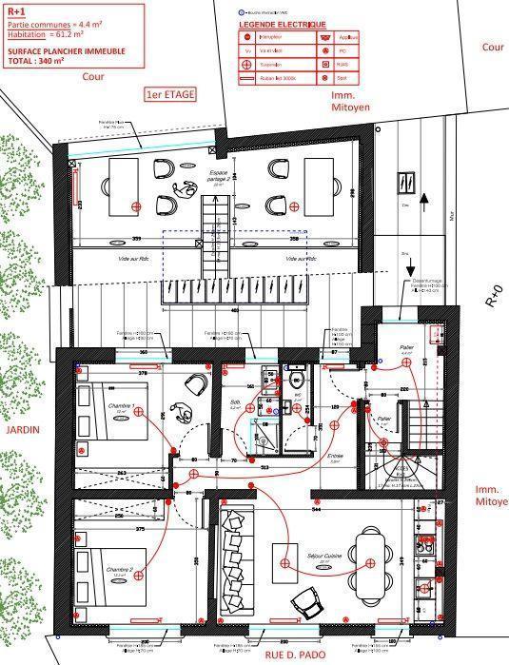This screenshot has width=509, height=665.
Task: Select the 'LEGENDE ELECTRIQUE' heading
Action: pyautogui.click(x=282, y=24)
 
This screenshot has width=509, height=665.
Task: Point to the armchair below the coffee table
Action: pyautogui.click(x=305, y=598)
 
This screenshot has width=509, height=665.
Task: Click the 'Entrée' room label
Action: pyautogui.click(x=335, y=456)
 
